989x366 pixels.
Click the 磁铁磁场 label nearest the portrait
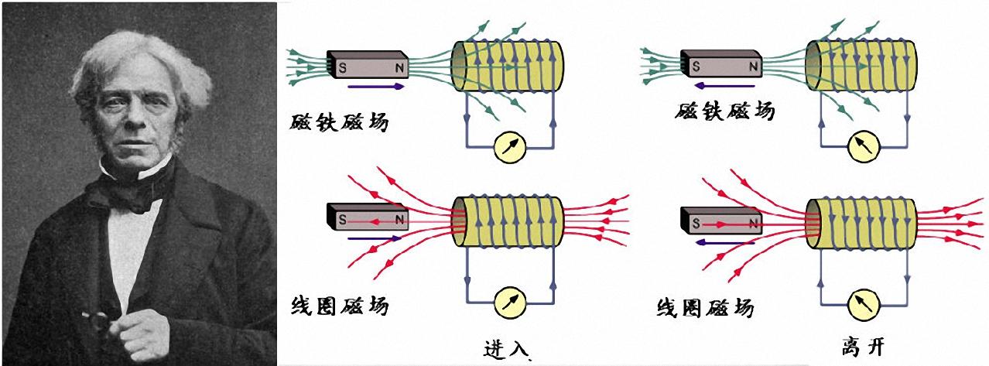[x=341, y=122]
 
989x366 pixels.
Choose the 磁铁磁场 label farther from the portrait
[x=724, y=111]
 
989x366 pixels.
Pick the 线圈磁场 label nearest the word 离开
[x=703, y=308]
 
